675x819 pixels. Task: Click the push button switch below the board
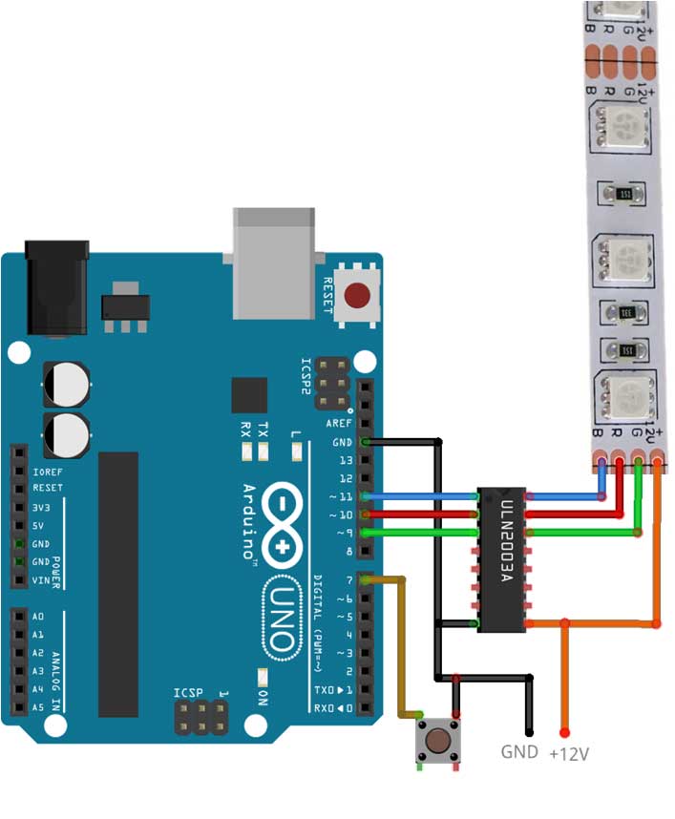click(439, 741)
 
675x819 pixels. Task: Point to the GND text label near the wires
click(519, 752)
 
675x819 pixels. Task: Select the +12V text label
click(569, 754)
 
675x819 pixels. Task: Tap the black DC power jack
click(55, 287)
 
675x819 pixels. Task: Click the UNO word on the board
click(285, 616)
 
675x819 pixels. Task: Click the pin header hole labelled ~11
click(366, 497)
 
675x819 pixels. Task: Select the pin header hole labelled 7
click(366, 579)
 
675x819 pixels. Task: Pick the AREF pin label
click(339, 424)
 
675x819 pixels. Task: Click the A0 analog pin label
click(37, 617)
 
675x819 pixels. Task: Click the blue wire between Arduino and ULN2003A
click(425, 497)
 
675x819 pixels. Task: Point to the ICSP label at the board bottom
click(189, 692)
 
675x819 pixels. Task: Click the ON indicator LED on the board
click(263, 677)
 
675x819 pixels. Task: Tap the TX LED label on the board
click(264, 429)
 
